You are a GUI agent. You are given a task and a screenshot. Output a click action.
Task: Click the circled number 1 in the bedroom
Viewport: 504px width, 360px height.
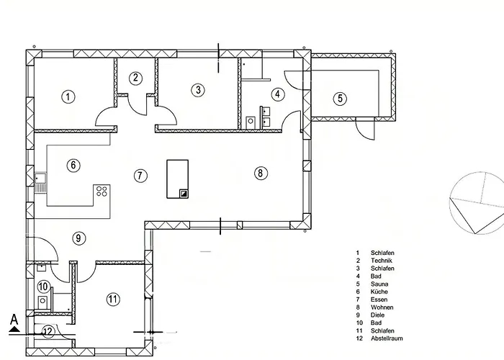click(68, 96)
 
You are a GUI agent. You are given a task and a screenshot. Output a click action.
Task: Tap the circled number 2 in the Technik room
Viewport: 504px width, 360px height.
click(135, 78)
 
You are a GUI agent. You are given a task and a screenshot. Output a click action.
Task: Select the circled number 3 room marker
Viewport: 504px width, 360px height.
click(198, 90)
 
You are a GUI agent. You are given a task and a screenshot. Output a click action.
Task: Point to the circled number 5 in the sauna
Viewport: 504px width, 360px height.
click(340, 99)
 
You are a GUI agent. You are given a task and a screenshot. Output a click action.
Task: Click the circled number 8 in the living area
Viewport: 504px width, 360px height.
click(261, 173)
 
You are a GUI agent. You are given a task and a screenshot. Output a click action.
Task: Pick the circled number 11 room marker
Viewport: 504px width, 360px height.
click(113, 300)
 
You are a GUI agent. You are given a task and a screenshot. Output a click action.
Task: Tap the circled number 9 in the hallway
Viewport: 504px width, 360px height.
click(78, 238)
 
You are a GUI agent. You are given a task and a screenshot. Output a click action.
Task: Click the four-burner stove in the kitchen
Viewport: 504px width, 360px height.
click(102, 192)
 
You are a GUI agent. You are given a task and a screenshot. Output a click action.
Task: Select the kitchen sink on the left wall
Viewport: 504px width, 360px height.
click(40, 183)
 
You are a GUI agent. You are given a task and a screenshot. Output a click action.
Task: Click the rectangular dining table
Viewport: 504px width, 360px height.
click(177, 179)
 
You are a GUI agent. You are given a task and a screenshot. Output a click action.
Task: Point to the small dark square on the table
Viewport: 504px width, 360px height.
click(184, 193)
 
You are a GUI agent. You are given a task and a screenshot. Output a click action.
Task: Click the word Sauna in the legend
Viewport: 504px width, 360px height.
click(379, 284)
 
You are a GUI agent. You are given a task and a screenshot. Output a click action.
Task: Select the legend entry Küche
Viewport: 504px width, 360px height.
click(379, 292)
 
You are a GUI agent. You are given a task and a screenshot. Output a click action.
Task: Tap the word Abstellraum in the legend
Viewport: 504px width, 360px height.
click(387, 338)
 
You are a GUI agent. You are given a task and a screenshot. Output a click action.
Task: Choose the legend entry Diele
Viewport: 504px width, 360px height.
click(377, 315)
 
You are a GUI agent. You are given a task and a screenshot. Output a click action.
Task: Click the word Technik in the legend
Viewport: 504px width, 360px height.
click(382, 261)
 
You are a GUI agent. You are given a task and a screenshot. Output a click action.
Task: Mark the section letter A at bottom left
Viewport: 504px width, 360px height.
click(14, 320)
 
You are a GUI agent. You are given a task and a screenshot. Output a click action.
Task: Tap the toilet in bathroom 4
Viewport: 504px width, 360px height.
click(251, 122)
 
